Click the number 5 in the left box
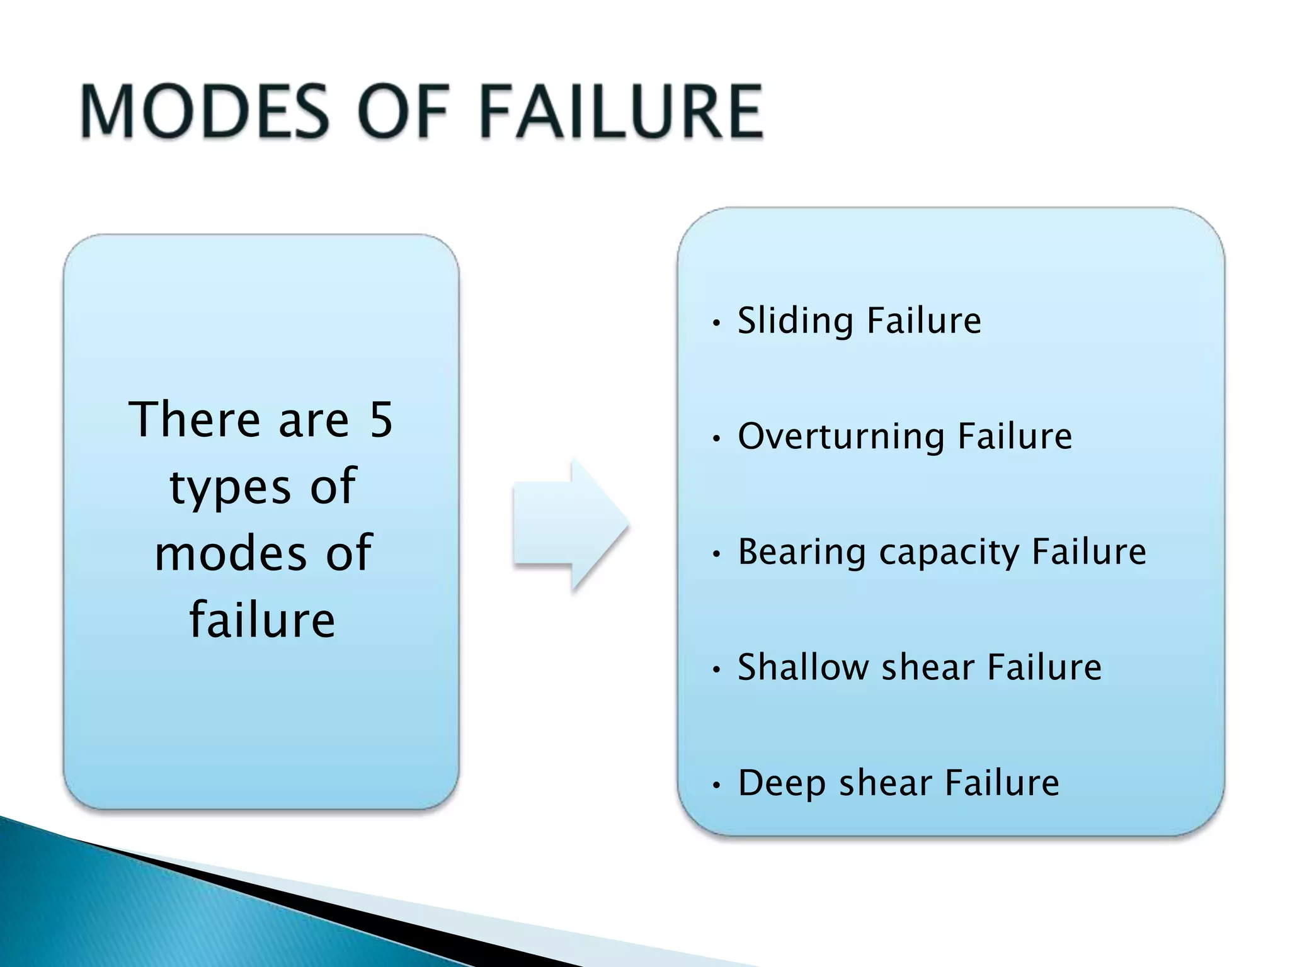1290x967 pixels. [380, 419]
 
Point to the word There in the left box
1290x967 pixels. [195, 419]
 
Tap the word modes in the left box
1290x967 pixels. [231, 553]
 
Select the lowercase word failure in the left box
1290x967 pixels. [262, 620]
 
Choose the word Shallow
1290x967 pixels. [802, 667]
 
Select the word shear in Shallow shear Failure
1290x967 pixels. [928, 667]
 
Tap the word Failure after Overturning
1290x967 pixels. [1014, 436]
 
